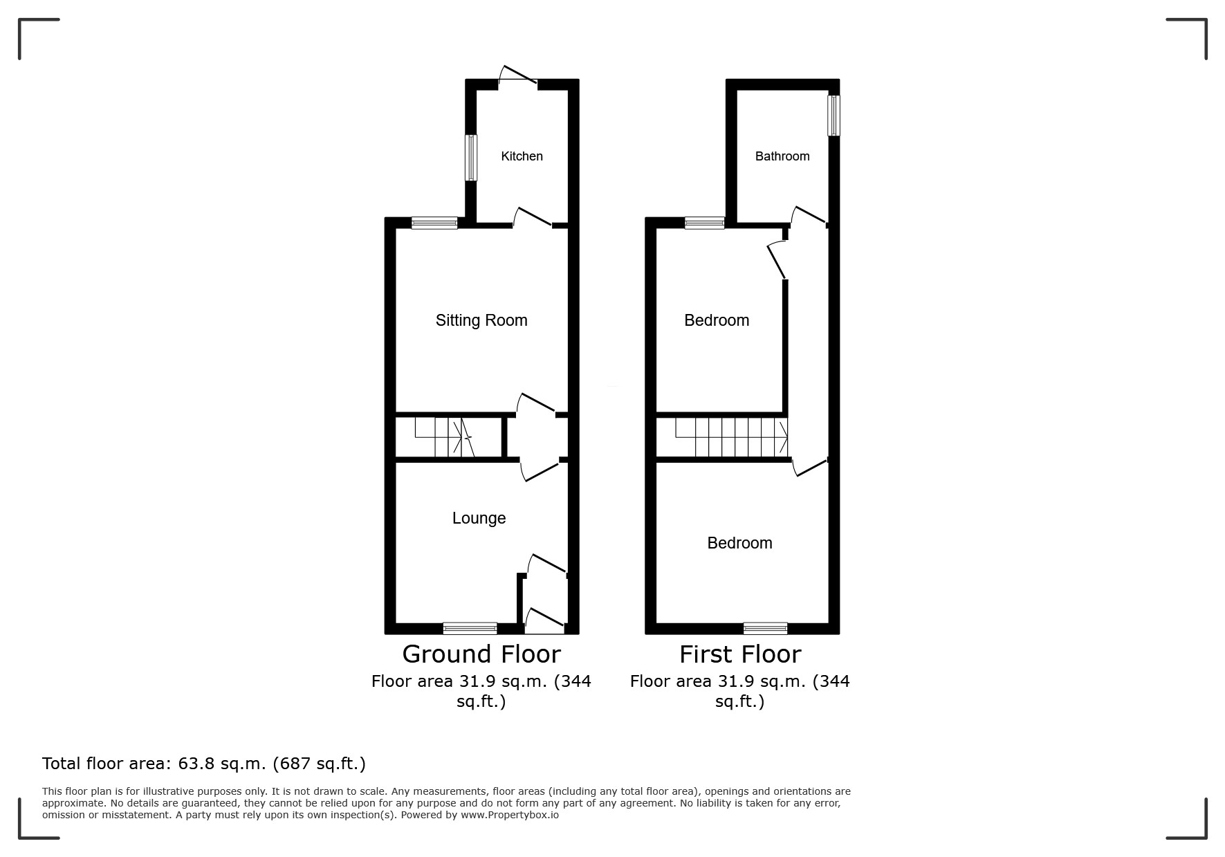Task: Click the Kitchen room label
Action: click(x=522, y=156)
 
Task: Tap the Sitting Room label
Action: click(x=481, y=320)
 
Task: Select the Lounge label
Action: click(x=479, y=519)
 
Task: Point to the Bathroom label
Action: click(x=782, y=156)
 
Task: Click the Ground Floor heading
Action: click(x=481, y=654)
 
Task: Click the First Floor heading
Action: click(x=740, y=654)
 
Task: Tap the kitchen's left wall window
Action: click(x=471, y=158)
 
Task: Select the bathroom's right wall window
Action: click(x=834, y=116)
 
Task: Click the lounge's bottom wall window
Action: click(x=470, y=628)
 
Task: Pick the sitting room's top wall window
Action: click(x=434, y=223)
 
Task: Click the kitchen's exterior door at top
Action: click(x=517, y=77)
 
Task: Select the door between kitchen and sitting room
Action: click(x=532, y=217)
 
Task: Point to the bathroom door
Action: click(x=808, y=216)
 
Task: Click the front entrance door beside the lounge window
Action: click(x=545, y=620)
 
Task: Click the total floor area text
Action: click(x=204, y=764)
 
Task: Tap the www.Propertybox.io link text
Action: click(x=510, y=815)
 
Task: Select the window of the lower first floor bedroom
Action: click(x=765, y=628)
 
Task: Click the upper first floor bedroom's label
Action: click(x=717, y=320)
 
